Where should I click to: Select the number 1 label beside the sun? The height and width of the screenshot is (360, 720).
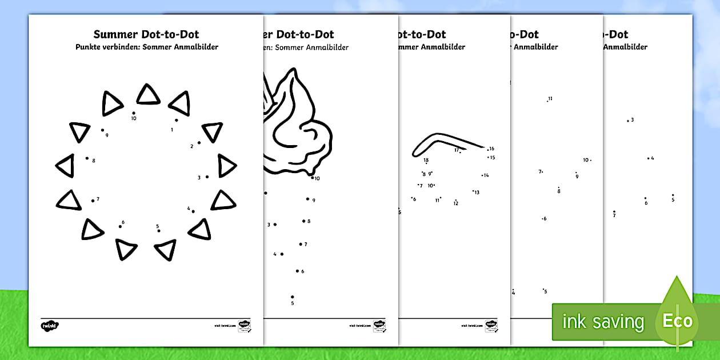coord(172,130)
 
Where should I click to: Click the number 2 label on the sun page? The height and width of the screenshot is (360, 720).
coord(192,146)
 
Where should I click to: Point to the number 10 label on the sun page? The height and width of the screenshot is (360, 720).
coord(134,119)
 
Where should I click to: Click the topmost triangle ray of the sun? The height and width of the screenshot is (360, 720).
coord(149,95)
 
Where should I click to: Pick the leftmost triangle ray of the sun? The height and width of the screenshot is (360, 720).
coord(65,165)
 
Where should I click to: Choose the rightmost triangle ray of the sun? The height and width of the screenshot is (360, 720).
coord(226,166)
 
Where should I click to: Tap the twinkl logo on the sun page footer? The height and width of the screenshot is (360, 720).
coord(50,326)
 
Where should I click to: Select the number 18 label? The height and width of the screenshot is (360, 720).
coord(426,161)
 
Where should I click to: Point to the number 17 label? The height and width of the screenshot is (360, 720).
coord(457,150)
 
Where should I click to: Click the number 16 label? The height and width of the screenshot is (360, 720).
coord(491,149)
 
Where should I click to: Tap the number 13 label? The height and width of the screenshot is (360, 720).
coord(477,193)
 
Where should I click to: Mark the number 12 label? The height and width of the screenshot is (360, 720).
coord(456,203)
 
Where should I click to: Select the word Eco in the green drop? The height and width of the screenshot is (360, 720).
coord(677,321)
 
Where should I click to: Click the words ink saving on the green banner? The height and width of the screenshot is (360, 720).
coord(603,322)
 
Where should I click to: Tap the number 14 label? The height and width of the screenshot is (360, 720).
coord(486,175)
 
